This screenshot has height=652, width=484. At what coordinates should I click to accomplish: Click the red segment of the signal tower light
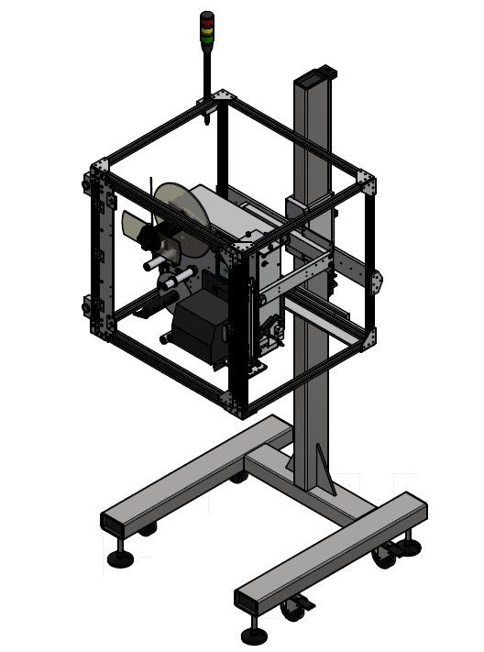click(x=207, y=17)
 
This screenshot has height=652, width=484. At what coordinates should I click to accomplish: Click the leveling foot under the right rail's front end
click(x=253, y=633)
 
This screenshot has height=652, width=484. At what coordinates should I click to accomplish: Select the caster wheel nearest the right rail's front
click(x=295, y=606)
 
